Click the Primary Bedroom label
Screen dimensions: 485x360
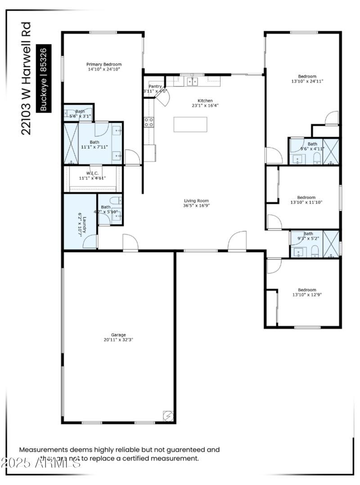point(104,64)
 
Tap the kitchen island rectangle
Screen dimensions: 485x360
point(190,125)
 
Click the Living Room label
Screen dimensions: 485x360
point(196,201)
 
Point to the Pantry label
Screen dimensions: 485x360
point(155,86)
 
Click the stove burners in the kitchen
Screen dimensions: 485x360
point(148,122)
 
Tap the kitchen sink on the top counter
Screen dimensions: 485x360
point(193,81)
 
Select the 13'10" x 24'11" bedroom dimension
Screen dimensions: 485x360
point(307,81)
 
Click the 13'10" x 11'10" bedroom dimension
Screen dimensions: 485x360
point(306,202)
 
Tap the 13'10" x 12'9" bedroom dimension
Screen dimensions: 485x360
point(307,295)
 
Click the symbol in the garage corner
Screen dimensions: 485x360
point(167,416)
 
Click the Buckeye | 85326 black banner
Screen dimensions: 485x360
point(44,78)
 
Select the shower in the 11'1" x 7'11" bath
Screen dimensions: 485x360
point(71,143)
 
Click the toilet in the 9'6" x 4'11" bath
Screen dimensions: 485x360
point(317,157)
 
